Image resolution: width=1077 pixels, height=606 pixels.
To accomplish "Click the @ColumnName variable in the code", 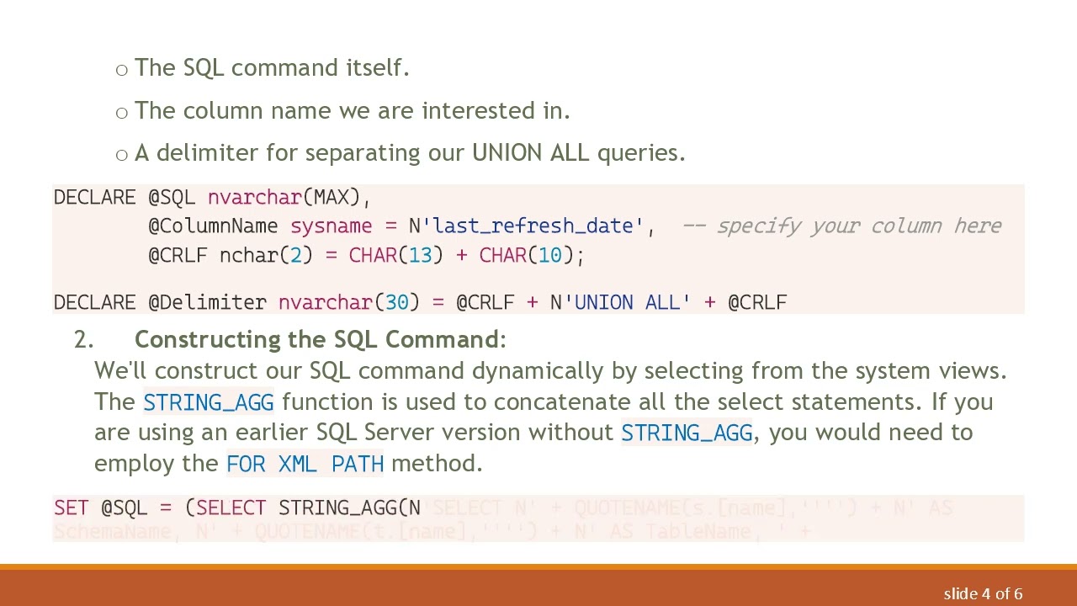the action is click(x=213, y=226).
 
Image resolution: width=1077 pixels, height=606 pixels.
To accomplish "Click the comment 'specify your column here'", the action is click(x=858, y=226).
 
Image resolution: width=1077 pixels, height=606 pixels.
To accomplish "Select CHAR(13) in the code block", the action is click(x=395, y=255).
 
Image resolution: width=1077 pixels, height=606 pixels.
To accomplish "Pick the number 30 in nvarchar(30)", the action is click(x=397, y=302).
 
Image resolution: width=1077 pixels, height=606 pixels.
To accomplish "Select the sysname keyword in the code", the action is click(x=331, y=226).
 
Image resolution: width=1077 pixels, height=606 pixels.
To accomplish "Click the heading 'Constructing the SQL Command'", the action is click(x=316, y=339).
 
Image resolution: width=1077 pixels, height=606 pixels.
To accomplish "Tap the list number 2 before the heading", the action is click(x=82, y=339).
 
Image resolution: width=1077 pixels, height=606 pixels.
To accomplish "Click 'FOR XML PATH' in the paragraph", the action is click(x=305, y=463).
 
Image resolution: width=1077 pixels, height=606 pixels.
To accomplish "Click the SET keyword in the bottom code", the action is click(x=71, y=508).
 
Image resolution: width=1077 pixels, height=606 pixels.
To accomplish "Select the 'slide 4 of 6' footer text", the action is click(x=983, y=594).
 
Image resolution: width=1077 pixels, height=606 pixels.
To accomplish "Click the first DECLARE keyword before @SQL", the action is click(x=94, y=197).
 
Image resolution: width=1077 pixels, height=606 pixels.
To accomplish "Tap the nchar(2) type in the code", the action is click(x=266, y=255).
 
